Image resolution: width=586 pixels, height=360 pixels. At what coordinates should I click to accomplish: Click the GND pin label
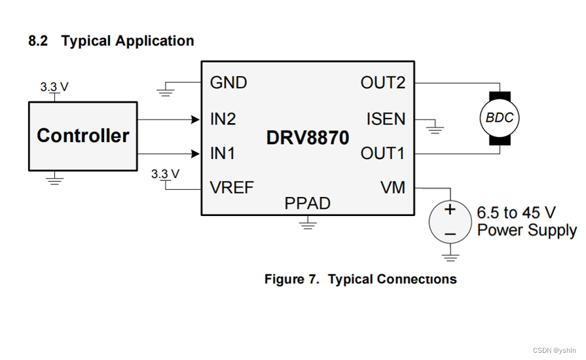point(229,82)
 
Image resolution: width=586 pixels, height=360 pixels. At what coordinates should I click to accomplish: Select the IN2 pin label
point(223,119)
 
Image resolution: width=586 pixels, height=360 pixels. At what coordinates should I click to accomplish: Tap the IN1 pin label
point(223,153)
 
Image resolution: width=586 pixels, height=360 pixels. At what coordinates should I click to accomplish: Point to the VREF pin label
point(232,188)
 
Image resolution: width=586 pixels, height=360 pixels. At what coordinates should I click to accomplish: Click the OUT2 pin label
point(383,82)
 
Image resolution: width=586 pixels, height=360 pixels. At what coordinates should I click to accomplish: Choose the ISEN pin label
point(386,119)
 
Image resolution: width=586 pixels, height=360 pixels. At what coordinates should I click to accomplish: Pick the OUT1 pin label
point(383,153)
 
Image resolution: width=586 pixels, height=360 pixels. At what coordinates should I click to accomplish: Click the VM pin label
point(393,188)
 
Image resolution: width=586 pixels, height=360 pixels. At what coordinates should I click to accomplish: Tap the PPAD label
point(307,204)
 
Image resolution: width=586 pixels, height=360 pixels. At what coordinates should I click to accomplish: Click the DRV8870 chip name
point(308,138)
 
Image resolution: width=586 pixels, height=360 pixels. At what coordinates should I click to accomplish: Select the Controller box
point(82,135)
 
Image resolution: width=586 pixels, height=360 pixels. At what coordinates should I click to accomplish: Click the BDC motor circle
point(500,118)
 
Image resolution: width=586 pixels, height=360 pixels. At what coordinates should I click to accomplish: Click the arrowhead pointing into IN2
point(195,119)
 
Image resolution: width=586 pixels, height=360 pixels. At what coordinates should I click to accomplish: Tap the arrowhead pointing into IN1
point(195,153)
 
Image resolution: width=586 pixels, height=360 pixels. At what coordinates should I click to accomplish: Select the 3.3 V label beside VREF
point(165,173)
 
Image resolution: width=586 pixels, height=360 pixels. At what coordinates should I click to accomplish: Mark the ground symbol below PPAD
point(307,225)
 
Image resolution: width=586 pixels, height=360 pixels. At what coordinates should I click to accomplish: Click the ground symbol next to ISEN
point(434,128)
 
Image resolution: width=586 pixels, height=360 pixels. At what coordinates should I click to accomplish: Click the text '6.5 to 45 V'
point(516,213)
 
